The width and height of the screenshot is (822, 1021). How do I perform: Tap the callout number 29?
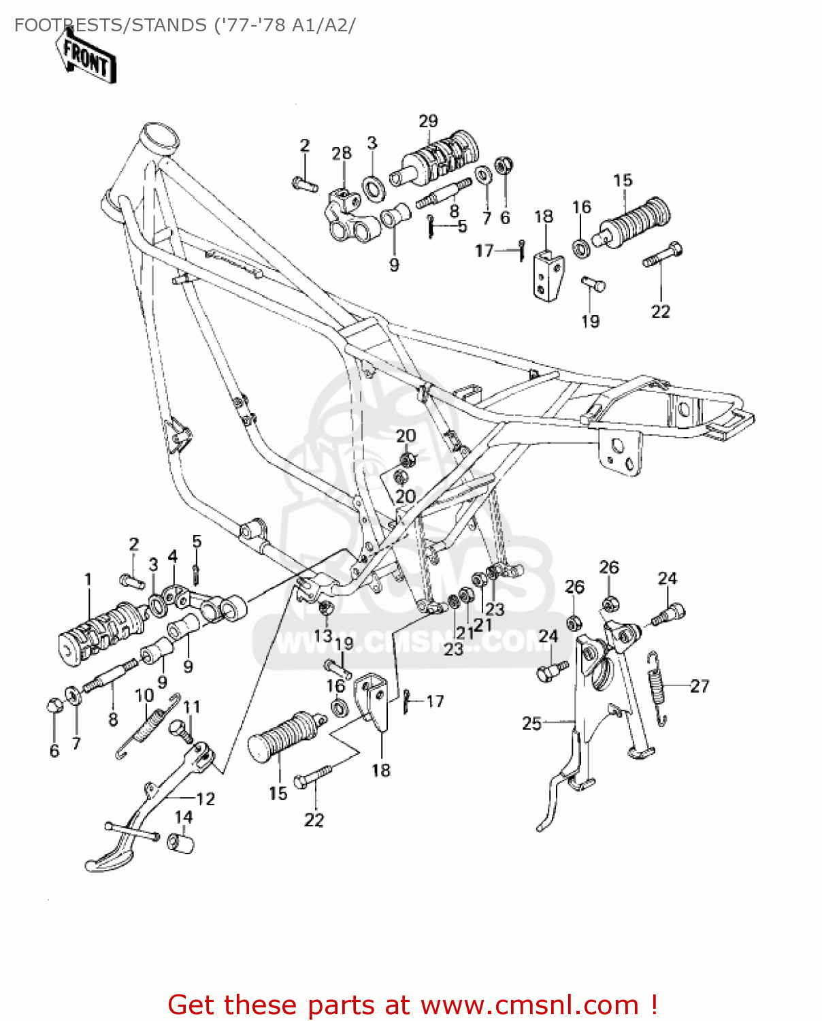click(428, 121)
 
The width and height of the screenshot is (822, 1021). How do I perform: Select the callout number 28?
click(342, 153)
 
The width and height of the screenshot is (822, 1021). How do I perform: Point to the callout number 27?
click(700, 686)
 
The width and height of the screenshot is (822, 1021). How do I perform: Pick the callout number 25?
click(531, 723)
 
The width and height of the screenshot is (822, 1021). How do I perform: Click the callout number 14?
click(184, 817)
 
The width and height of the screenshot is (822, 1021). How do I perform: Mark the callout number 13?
click(323, 635)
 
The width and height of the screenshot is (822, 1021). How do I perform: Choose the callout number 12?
click(205, 798)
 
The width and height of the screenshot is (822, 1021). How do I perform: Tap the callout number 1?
click(88, 579)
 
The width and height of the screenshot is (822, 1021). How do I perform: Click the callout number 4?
click(173, 557)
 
